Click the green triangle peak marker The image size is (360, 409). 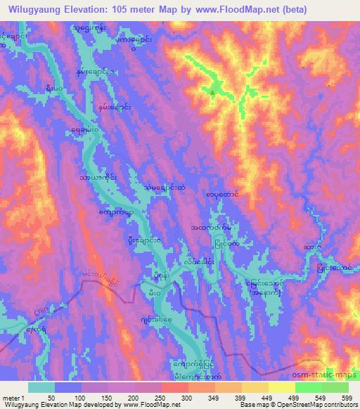point(212,89)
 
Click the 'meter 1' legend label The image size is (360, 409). point(15,398)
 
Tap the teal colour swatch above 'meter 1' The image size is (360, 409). point(41,387)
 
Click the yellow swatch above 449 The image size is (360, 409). point(255,387)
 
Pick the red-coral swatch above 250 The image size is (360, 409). point(174,387)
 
